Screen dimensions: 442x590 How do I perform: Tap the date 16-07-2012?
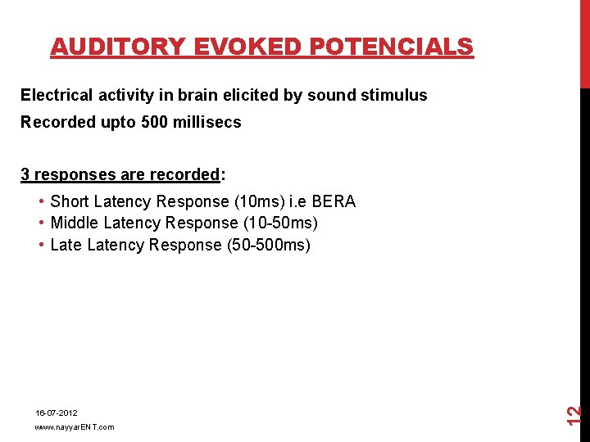pyautogui.click(x=56, y=413)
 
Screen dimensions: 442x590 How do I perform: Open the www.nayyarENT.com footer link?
pyautogui.click(x=74, y=427)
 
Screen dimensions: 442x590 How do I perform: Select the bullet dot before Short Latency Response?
pyautogui.click(x=41, y=201)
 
